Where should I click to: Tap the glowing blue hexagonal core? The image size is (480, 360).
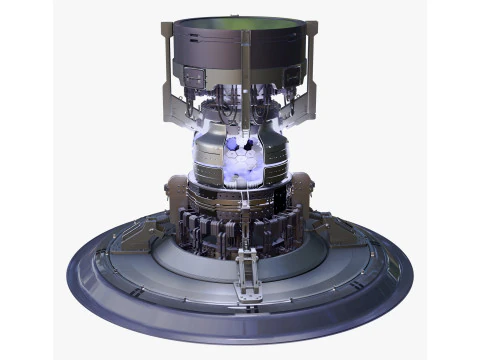coord(239,155)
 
